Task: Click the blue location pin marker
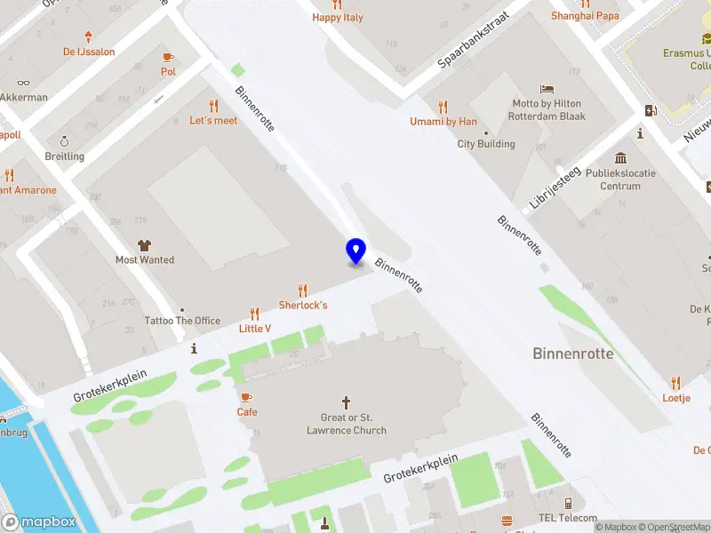(355, 251)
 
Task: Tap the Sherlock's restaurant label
(303, 305)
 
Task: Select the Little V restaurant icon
(255, 314)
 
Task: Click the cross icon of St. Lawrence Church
(347, 402)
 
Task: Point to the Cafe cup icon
(246, 397)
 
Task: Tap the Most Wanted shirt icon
(144, 244)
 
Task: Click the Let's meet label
(213, 120)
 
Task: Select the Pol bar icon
(168, 57)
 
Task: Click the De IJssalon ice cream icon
(88, 36)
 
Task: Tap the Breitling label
(64, 156)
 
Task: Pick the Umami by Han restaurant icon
(443, 106)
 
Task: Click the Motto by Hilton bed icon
(547, 89)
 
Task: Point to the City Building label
(486, 144)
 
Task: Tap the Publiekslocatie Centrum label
(620, 179)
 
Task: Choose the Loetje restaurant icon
(675, 383)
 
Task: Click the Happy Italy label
(337, 17)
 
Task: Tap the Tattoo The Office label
(182, 321)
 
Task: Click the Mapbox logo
(39, 521)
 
